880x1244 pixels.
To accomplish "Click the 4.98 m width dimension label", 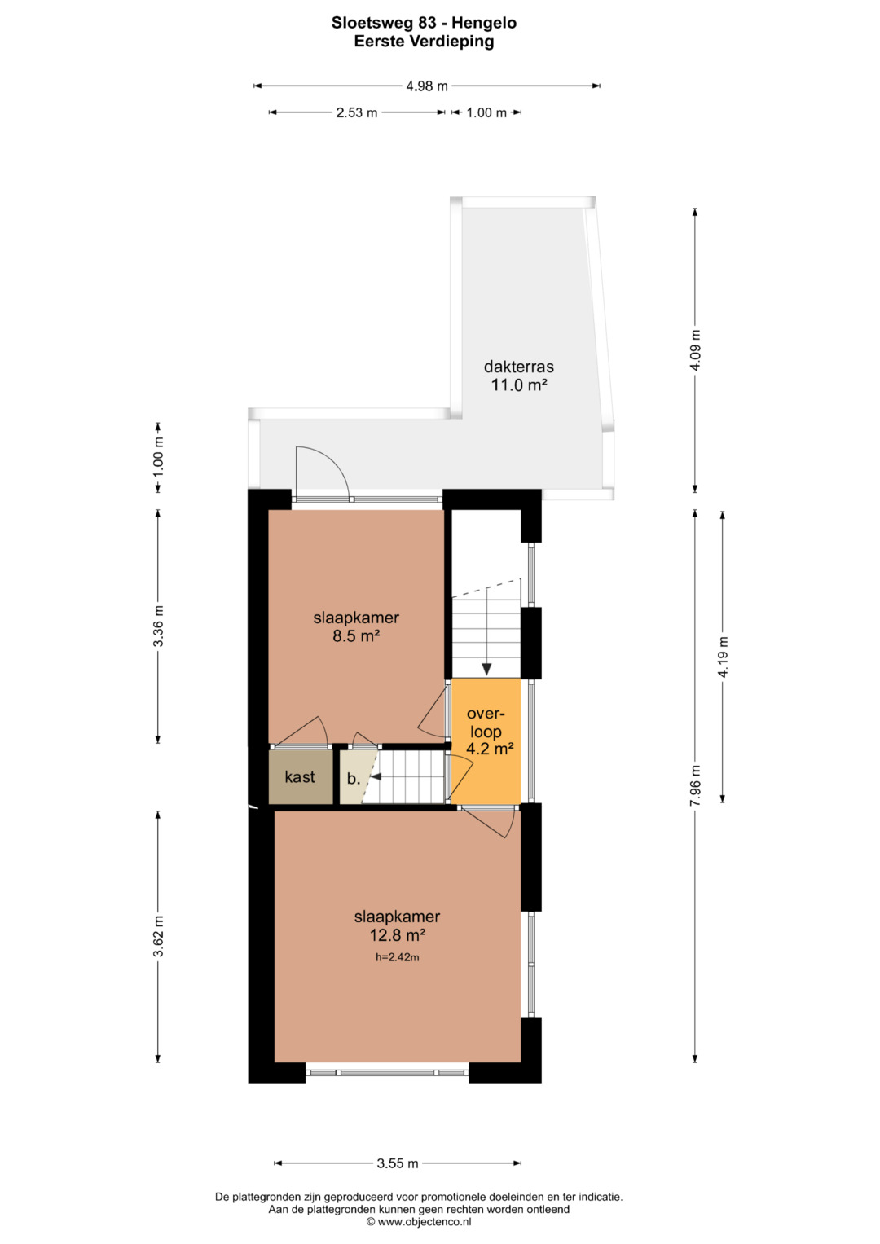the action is [x=427, y=86].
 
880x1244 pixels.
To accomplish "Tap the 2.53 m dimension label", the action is [x=357, y=112].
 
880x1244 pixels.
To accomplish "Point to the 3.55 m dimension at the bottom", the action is [x=398, y=1163].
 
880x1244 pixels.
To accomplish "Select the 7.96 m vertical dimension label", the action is [x=695, y=785].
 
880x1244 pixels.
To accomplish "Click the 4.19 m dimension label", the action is [x=723, y=657].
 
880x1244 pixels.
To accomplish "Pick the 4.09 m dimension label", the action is [x=695, y=349].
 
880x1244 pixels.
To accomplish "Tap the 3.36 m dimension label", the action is [x=158, y=626].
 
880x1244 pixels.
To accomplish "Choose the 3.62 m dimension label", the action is [x=158, y=936].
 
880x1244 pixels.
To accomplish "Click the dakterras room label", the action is [x=519, y=367].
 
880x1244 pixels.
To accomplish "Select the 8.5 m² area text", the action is [x=355, y=636].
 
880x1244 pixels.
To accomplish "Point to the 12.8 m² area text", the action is [x=398, y=935].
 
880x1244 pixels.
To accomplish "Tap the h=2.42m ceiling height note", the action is [x=398, y=957].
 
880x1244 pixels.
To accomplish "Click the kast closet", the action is [x=301, y=777].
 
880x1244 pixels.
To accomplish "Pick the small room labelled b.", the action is [x=354, y=777].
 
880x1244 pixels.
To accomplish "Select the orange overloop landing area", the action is [x=486, y=741].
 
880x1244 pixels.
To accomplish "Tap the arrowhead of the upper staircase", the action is [x=486, y=670].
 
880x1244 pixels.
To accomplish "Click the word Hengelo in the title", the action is [x=484, y=24].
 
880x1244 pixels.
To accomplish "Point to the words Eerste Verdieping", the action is [x=424, y=42].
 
